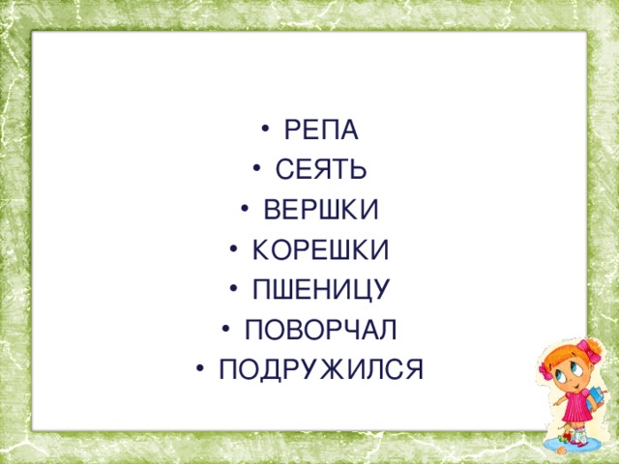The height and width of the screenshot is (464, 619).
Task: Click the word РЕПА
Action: click(321, 130)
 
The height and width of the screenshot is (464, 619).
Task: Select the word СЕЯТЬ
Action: click(321, 170)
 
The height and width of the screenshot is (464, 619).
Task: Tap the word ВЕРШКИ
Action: click(321, 210)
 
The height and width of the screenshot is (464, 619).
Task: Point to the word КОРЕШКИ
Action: click(320, 249)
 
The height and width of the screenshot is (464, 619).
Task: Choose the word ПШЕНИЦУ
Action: click(320, 289)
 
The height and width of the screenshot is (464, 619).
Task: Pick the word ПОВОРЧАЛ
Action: click(320, 329)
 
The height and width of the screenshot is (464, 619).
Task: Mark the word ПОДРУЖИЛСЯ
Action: click(320, 369)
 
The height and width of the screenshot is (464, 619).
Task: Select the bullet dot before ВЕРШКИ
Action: click(245, 209)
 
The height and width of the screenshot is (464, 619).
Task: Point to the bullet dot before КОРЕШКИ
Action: click(233, 248)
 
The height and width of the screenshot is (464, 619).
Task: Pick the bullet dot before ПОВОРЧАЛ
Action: click(226, 328)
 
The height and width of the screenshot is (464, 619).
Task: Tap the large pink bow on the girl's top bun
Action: click(590, 350)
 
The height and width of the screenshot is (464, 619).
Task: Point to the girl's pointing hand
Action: click(557, 403)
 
